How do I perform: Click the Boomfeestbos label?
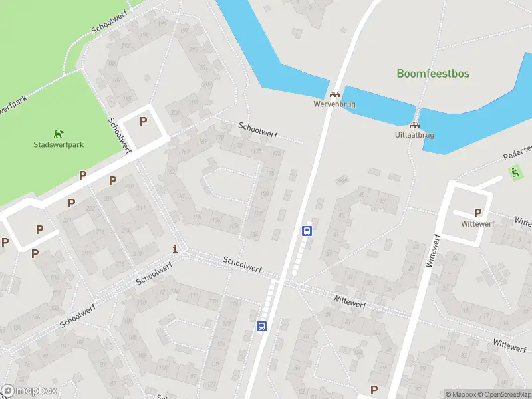point(433,74)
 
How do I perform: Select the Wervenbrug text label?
point(334,104)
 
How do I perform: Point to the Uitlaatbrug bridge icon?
point(414,125)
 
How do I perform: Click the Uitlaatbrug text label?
point(414,135)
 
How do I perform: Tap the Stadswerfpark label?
point(59,144)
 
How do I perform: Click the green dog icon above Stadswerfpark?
point(59,133)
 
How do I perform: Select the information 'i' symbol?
point(175,249)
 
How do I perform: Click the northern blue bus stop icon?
point(307,231)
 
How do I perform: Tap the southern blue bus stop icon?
point(262,326)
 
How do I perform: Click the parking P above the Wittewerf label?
point(477,213)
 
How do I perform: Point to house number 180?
point(263,194)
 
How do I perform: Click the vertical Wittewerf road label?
point(431,252)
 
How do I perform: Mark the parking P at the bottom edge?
point(374,390)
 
